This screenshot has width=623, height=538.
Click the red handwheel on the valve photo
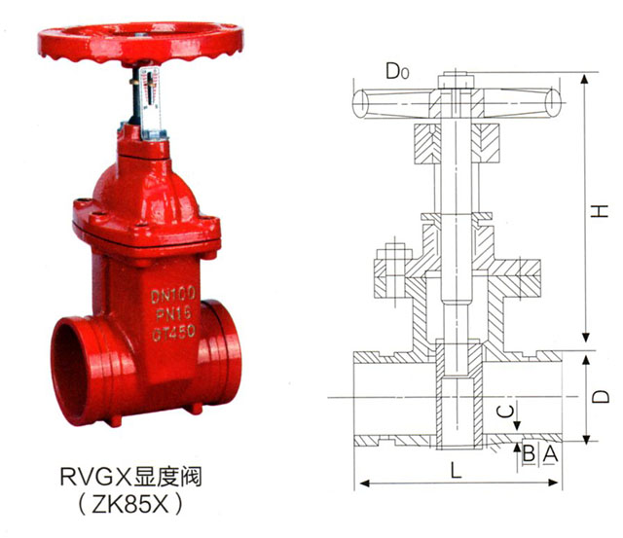(139, 43)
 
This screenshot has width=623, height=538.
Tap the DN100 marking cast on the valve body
(173, 295)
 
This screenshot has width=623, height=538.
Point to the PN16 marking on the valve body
(173, 313)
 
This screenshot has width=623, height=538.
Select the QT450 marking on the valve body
(173, 332)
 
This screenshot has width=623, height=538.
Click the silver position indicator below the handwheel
(152, 104)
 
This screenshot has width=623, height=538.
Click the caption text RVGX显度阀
(131, 477)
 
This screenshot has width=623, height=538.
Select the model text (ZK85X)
(131, 504)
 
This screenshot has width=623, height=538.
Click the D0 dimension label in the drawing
(397, 71)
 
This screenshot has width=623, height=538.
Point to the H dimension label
(600, 210)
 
